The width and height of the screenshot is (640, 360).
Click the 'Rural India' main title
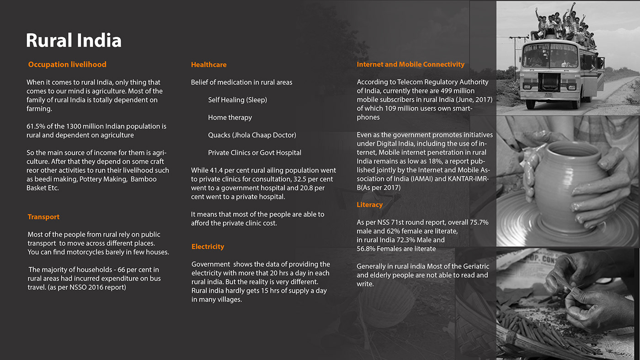coord(74,40)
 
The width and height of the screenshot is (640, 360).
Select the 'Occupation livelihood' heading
coord(67,64)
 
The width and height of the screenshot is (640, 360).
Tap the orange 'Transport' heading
coord(43,217)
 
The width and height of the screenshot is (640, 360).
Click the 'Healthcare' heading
coord(208,65)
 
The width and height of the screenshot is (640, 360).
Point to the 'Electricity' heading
coord(208,247)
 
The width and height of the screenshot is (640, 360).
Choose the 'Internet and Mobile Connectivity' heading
coord(411,64)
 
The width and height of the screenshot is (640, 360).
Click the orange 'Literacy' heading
coord(369,205)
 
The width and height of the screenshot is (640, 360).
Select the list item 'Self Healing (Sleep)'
coord(237,100)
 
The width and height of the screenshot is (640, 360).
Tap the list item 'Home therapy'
coord(230,117)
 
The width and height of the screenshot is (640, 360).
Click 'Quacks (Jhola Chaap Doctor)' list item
coord(252,135)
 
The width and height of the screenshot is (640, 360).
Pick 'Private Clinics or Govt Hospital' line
coord(255,153)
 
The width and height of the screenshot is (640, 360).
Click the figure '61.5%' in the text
coord(36,126)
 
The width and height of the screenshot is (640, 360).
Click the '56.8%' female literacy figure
coord(366,249)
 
